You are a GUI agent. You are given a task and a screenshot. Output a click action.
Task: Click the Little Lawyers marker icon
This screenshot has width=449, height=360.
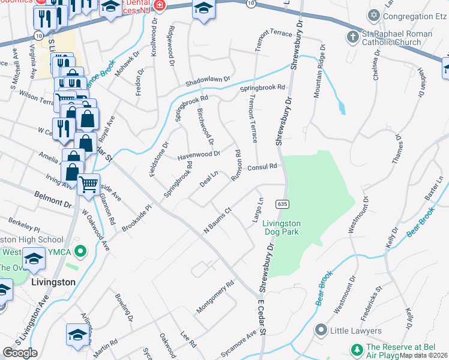coord(321,330)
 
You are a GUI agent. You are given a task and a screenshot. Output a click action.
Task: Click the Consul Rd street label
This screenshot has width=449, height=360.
coord(262,167)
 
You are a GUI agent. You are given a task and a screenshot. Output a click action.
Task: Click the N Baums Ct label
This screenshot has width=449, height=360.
coord(217,220)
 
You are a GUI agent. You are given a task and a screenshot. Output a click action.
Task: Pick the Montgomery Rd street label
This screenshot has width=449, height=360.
coord(214,298)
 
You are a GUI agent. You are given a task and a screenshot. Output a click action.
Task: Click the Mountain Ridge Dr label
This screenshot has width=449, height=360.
coord(319,71)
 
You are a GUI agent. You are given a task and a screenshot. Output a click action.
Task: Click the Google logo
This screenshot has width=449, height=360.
coord(20,353)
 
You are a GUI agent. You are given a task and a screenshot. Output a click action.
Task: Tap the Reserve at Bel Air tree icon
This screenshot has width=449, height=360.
coord(357,350)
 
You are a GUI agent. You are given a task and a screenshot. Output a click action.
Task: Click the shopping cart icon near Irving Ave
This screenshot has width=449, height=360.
coord(88,184)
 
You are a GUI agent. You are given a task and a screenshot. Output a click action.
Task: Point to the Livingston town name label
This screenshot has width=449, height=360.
coord(53,281)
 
